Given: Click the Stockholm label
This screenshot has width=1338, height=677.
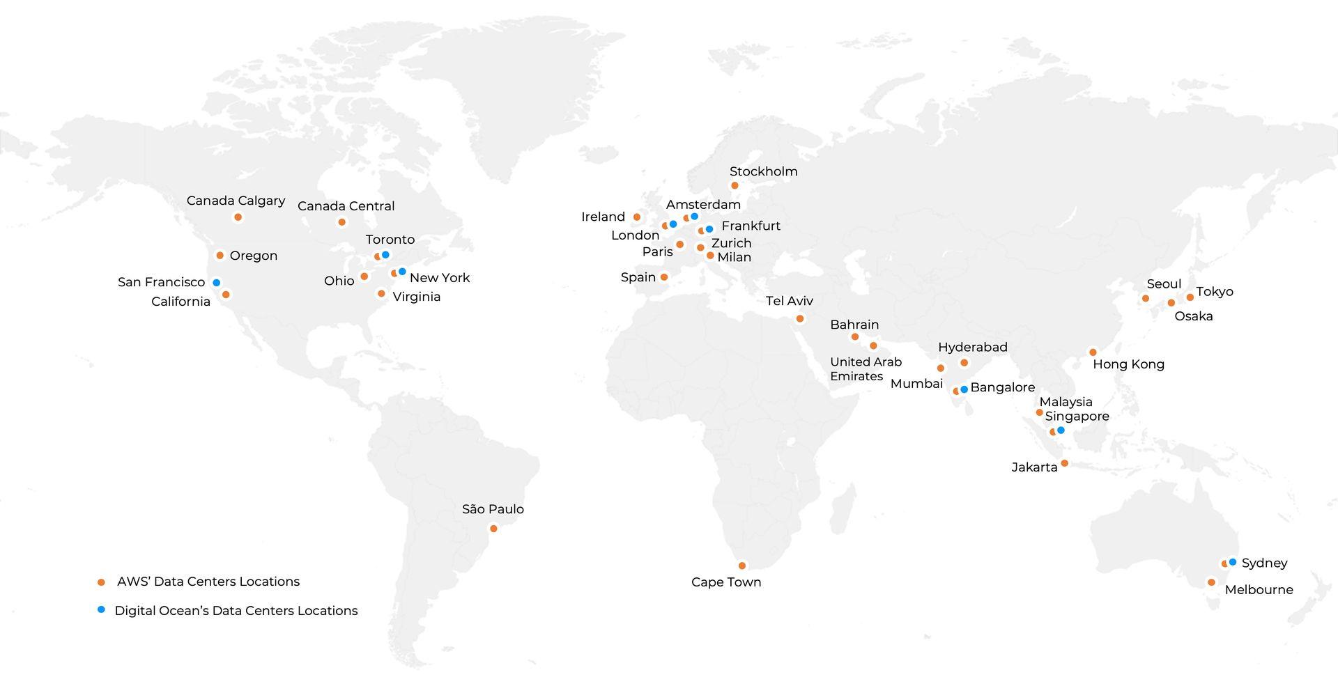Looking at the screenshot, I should (x=763, y=171).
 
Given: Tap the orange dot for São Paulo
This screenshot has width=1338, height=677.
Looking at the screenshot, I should (x=493, y=529).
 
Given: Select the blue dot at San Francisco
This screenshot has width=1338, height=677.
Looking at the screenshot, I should (x=217, y=283).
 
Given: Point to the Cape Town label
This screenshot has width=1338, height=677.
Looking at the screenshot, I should (x=726, y=582).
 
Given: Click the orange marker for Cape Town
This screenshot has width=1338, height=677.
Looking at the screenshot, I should (x=742, y=566).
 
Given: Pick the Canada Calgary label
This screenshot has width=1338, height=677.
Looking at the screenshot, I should (x=236, y=201).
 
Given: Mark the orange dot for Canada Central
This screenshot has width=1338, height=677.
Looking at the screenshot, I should (x=341, y=222).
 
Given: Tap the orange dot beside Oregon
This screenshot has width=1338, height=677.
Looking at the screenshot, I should (x=220, y=256).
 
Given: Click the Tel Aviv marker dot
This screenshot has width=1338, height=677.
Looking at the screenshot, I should (x=800, y=318).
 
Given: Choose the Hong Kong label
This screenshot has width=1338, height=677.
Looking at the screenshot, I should (x=1128, y=364).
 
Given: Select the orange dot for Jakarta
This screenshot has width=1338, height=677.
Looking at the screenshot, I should (x=1064, y=463).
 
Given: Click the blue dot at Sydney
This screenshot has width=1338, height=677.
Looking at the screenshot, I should (x=1233, y=562).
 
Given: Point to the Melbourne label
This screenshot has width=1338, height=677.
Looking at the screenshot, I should (x=1259, y=590).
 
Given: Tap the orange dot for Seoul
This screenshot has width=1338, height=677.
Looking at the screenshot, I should (x=1145, y=298).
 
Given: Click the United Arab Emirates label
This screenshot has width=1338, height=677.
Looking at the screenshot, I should (x=865, y=369).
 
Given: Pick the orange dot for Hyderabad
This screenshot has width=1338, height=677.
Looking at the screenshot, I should (x=964, y=362).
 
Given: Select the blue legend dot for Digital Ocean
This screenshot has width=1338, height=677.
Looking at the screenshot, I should (x=102, y=609).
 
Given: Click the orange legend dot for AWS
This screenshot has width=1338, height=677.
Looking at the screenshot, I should (x=102, y=582).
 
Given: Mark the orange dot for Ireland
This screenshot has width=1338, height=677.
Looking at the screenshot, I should (x=636, y=217).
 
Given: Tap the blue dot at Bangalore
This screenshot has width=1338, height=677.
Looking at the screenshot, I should (x=964, y=389).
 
